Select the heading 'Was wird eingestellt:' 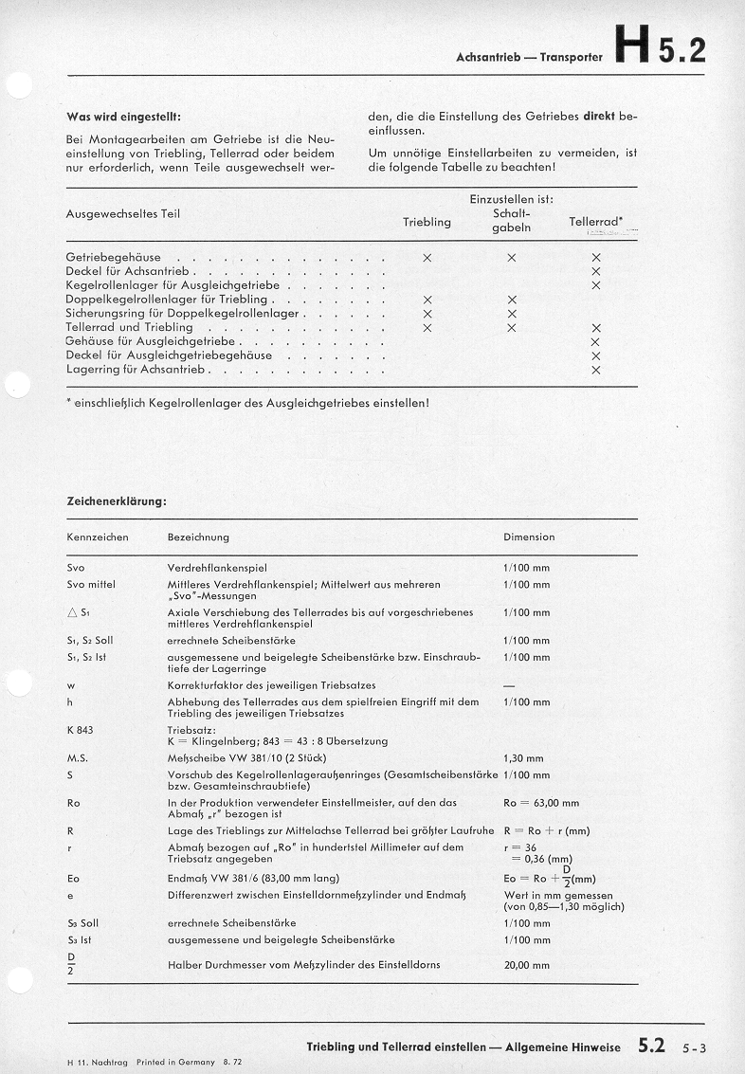[x=123, y=118]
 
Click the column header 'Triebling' [x=427, y=222]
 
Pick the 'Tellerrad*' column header [x=595, y=222]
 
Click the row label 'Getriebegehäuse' [x=114, y=257]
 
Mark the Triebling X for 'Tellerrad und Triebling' [x=427, y=328]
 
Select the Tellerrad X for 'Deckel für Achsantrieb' [x=596, y=271]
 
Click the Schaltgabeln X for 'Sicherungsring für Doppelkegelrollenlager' [x=512, y=314]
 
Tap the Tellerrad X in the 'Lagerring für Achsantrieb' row [x=596, y=370]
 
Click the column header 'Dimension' [x=529, y=537]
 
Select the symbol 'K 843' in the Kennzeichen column [x=81, y=731]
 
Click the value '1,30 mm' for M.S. [x=523, y=758]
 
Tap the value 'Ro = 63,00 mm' [x=541, y=803]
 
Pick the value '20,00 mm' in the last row [x=526, y=965]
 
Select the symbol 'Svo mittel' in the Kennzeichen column [x=91, y=584]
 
